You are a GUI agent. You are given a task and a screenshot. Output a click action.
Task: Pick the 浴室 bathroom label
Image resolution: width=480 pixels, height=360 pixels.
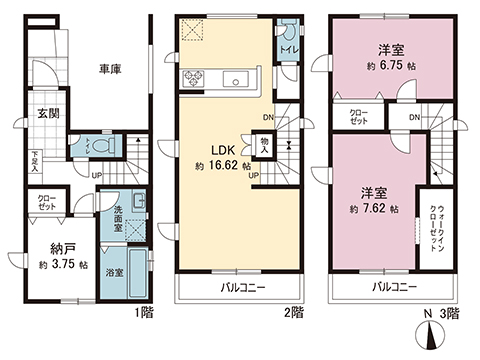pyautogui.click(x=117, y=271)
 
